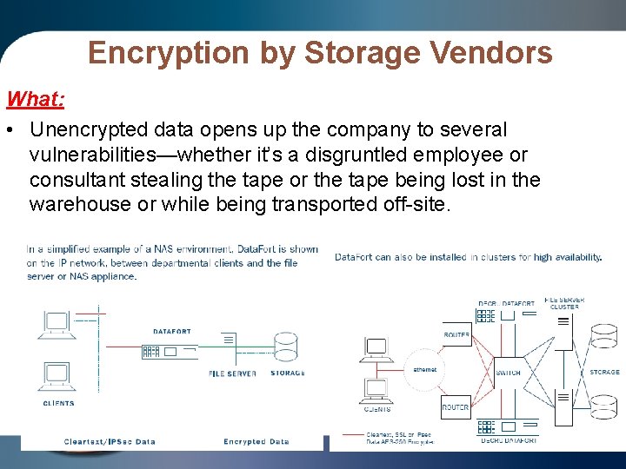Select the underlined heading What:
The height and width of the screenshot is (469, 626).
point(35,98)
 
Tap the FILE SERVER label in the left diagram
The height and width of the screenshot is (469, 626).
point(232,373)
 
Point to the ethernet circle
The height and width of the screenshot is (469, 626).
point(425,370)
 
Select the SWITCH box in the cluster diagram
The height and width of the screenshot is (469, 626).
point(508,372)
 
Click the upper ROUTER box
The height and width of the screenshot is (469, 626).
point(456,335)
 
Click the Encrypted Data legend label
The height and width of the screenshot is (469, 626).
point(256,441)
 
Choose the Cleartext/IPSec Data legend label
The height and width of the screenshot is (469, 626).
point(110,441)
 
